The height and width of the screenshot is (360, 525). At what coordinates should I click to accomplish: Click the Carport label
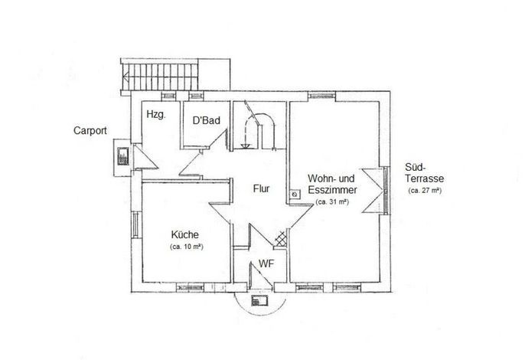point(90,131)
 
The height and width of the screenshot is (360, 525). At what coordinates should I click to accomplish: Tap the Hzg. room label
point(156,115)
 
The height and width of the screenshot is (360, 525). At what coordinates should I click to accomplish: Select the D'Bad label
point(207,120)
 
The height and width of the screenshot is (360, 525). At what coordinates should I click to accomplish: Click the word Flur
point(261,188)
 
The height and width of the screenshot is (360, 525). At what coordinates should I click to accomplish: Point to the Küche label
point(185,234)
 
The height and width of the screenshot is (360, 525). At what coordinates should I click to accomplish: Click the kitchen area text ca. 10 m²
point(187,247)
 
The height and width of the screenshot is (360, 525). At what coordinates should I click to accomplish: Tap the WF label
point(266,263)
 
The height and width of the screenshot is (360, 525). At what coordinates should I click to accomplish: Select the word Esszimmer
point(332,190)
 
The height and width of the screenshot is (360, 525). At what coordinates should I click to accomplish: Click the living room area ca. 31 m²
point(332,202)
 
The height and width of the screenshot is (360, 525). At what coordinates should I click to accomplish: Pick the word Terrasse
point(424,178)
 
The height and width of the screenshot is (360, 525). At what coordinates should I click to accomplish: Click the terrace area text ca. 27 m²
point(425,191)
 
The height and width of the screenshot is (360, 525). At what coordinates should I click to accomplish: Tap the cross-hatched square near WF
point(281,239)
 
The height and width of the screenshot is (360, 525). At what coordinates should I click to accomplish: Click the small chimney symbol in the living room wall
point(295,194)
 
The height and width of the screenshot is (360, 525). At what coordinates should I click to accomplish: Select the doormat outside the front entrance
point(259,300)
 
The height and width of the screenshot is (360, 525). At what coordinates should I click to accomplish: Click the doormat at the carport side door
point(123,156)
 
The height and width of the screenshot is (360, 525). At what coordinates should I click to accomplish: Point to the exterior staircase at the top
point(160,77)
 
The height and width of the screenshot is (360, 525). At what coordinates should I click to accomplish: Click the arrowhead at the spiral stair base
point(246,146)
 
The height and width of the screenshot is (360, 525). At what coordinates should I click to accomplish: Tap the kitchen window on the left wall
point(135,224)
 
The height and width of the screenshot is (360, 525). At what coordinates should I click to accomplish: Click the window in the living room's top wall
point(321,96)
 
